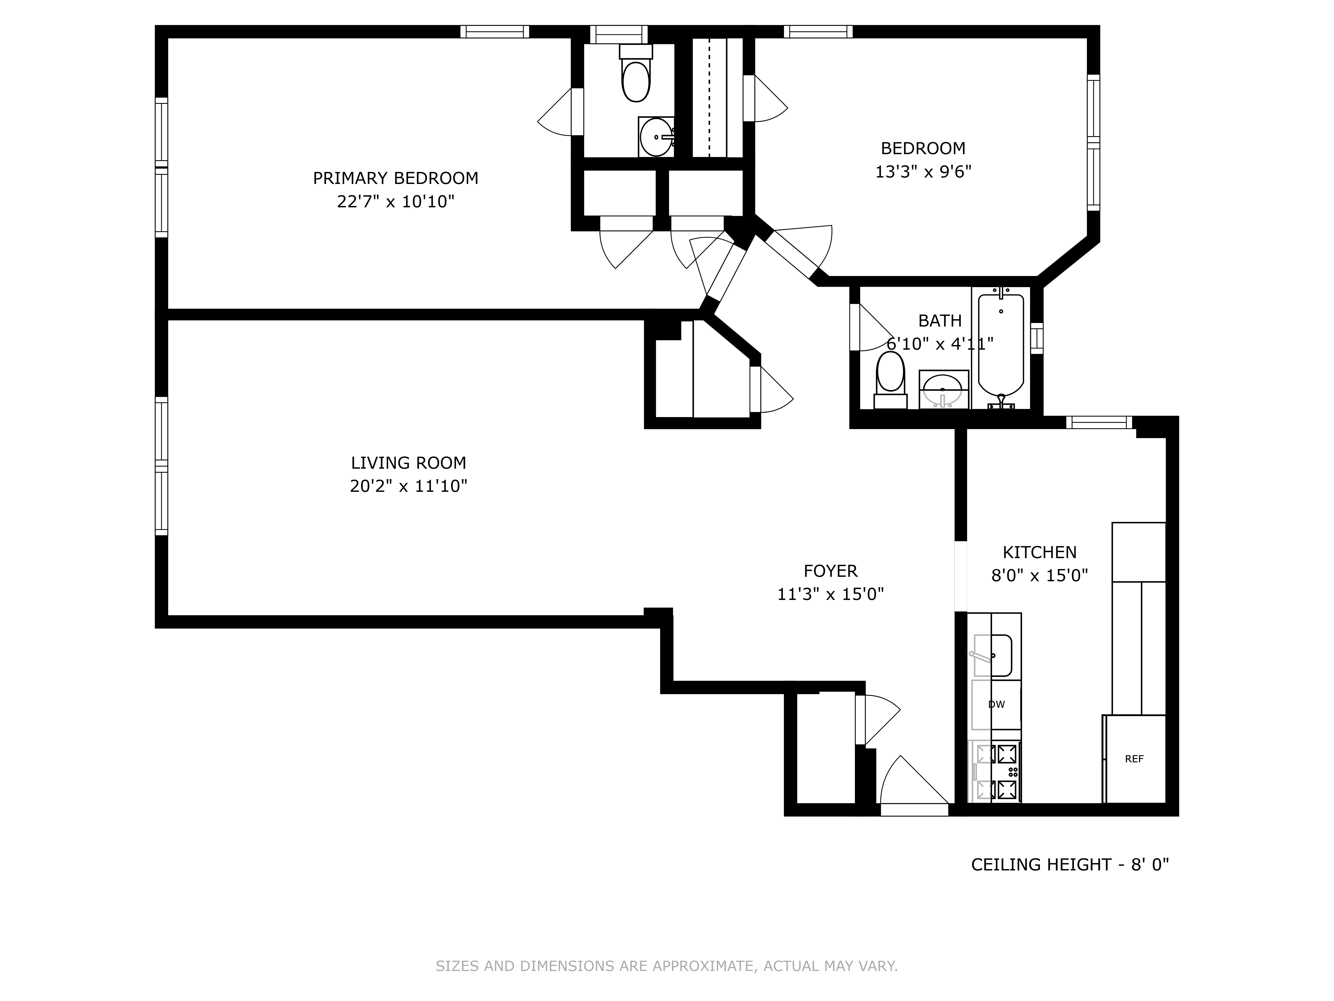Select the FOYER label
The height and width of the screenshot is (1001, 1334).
(830, 571)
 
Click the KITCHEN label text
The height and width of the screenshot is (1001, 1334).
(1039, 552)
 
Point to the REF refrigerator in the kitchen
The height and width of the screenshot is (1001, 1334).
(1134, 759)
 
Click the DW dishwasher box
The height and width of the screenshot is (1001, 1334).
(996, 704)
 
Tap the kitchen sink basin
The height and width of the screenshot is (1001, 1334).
(993, 655)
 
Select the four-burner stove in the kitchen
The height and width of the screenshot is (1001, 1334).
(996, 772)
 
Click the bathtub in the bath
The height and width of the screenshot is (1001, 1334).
(1000, 344)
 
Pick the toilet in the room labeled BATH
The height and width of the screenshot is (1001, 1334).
(890, 377)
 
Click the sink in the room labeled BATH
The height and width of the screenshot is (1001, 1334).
(943, 389)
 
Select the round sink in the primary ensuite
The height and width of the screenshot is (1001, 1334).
(655, 137)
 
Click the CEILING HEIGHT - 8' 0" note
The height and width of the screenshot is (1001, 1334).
(1069, 865)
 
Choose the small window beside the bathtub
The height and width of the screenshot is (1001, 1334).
(1037, 338)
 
